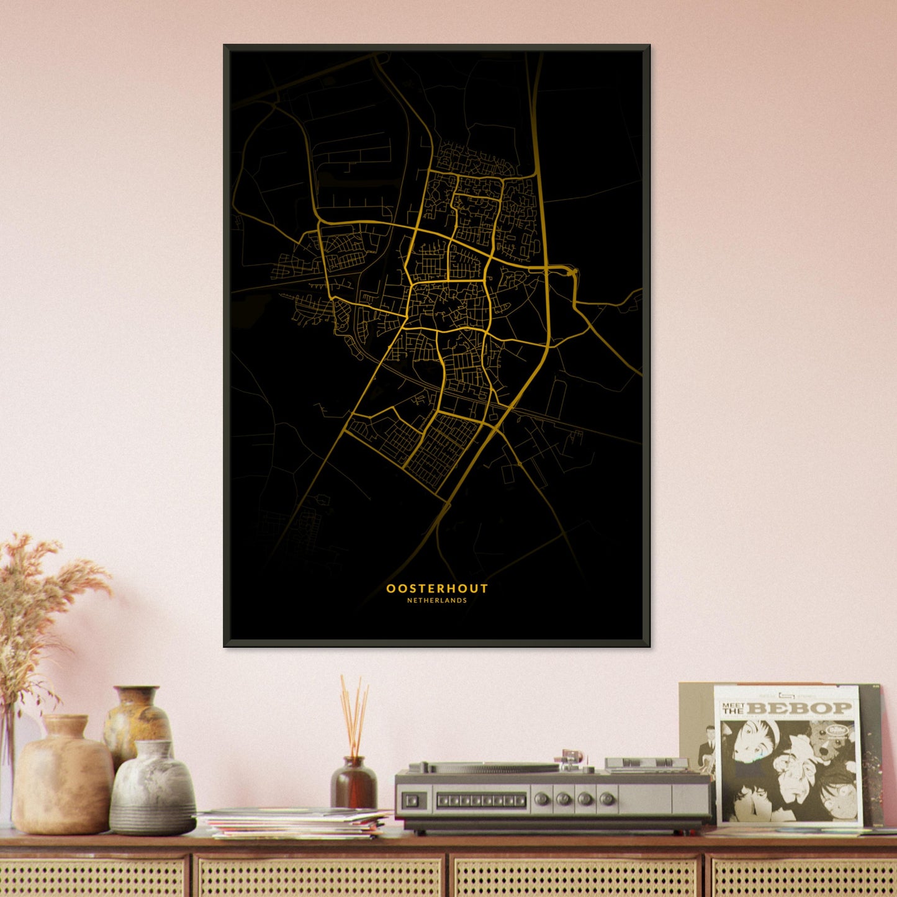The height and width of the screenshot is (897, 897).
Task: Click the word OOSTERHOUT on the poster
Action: click(x=437, y=588)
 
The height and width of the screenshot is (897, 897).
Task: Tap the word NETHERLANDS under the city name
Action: click(x=437, y=601)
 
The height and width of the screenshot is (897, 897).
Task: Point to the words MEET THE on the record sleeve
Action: click(x=733, y=708)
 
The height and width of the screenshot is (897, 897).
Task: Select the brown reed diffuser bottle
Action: click(x=354, y=784)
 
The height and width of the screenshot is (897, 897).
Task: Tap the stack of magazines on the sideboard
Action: click(x=295, y=823)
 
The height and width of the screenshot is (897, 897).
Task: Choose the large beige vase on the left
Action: click(x=62, y=776)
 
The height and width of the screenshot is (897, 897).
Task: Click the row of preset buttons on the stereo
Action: click(x=481, y=801)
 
